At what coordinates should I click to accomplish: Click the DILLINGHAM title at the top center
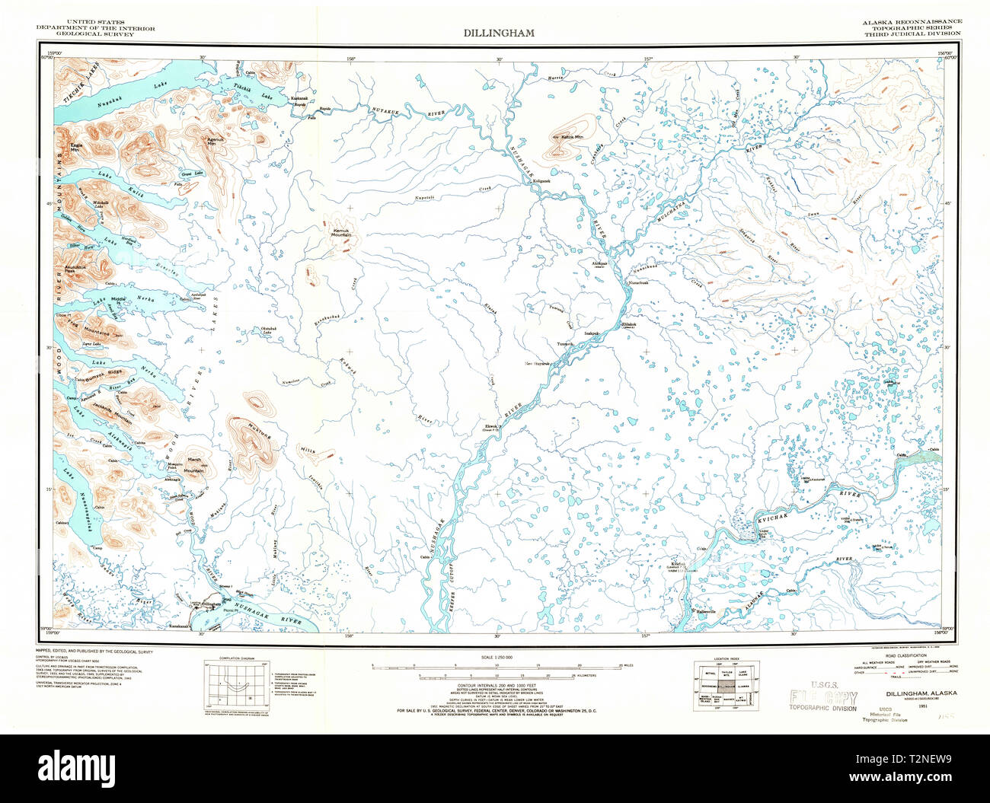tap(499, 33)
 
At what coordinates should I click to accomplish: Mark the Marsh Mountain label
tap(193, 467)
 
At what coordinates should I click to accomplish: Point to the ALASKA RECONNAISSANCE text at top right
tap(912, 21)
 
